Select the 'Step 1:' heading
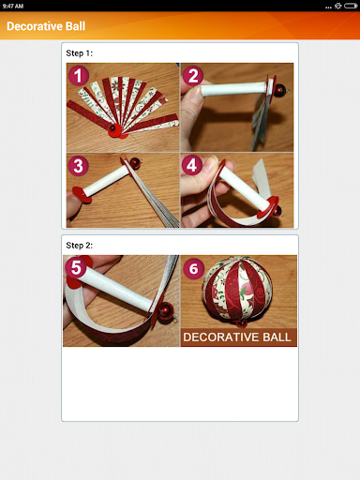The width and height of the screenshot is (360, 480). coord(80,52)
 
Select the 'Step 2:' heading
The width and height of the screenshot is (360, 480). coord(80,245)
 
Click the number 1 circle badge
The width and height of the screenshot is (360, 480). coord(80,76)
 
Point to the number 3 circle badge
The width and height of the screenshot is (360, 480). coord(80,166)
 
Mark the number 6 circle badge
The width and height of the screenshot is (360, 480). coord(194,268)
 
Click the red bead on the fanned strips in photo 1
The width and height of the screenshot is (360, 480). coord(112,127)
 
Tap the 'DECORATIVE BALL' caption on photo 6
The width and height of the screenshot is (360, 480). coord(238,337)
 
